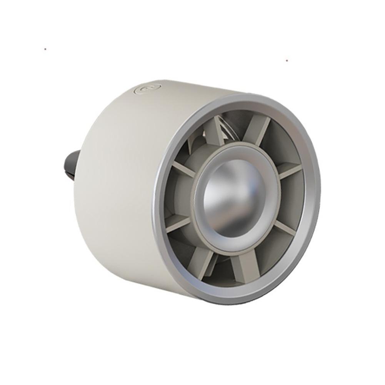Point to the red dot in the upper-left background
tap(45, 49)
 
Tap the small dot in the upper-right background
tap(286, 60)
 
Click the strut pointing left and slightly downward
tap(178, 222)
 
